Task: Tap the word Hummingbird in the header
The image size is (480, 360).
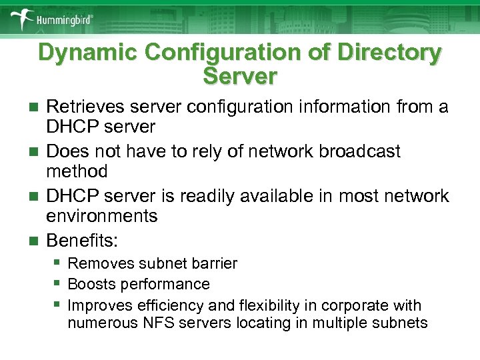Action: coord(65,20)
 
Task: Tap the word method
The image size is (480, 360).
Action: coord(77,171)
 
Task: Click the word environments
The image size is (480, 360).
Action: coord(101,216)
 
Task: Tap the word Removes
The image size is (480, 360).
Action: coord(98,263)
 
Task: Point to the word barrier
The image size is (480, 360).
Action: coord(214,263)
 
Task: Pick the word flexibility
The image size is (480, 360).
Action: coord(267,306)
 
